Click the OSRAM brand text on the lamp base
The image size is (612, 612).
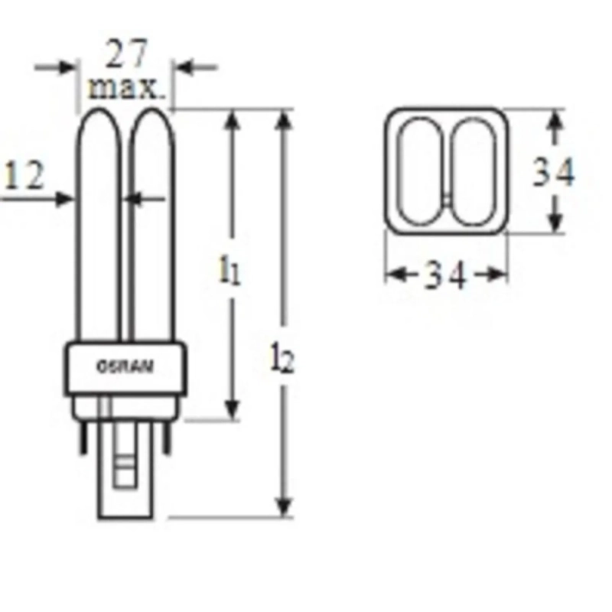coord(125,366)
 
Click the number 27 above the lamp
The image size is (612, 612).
coord(126,55)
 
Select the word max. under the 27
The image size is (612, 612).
coord(126,88)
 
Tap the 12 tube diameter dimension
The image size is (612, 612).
coord(24,177)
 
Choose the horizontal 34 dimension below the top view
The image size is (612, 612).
coord(445,275)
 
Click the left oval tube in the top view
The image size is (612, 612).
coord(419,170)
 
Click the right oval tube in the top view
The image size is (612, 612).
coord(472,170)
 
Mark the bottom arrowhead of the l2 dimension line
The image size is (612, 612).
coord(284,506)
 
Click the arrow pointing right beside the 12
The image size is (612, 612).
coord(61,199)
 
